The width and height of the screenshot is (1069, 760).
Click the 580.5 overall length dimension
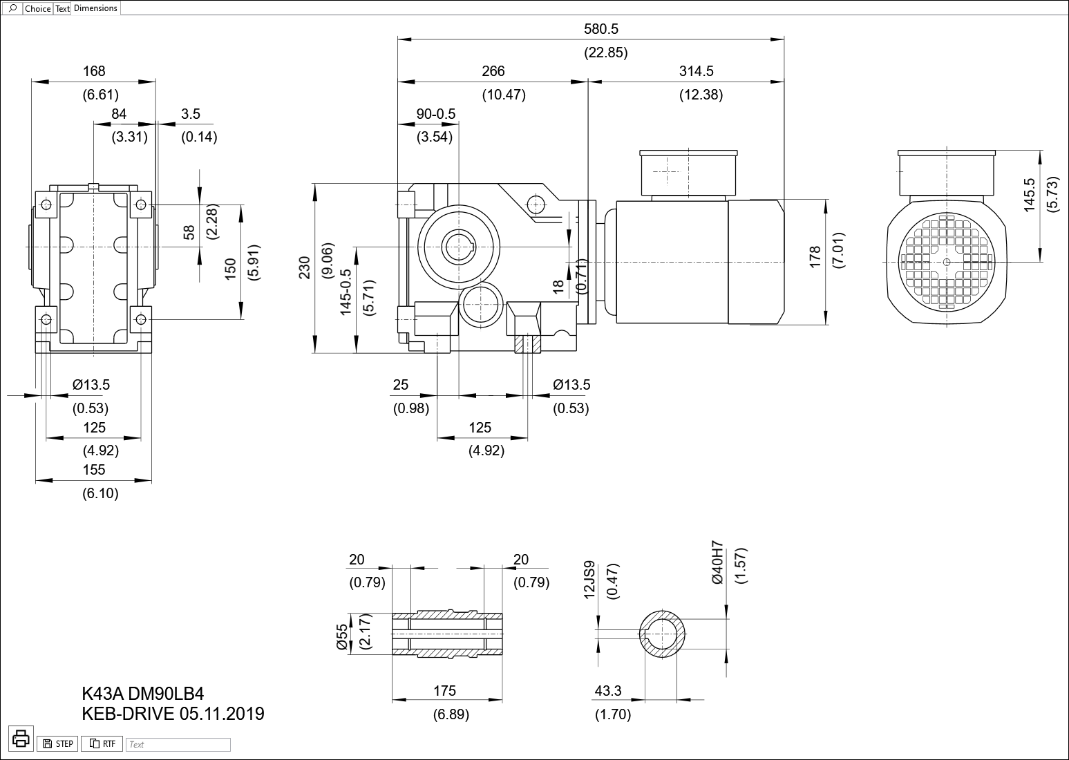tap(600, 29)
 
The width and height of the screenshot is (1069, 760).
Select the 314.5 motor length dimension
tap(696, 71)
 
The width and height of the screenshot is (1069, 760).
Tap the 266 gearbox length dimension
tap(493, 71)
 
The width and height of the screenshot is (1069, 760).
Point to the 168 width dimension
tap(94, 71)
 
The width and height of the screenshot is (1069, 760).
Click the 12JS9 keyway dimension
tap(589, 579)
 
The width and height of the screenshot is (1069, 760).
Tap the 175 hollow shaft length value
tap(445, 691)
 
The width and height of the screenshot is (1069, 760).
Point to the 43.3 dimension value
tap(608, 691)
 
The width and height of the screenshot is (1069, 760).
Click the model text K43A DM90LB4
tap(143, 694)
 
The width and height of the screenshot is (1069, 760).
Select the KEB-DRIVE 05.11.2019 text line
tap(173, 714)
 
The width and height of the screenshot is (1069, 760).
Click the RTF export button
tap(102, 744)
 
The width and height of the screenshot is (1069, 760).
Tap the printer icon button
tap(21, 738)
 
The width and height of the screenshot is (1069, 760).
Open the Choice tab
tap(37, 9)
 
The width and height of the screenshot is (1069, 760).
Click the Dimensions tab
tap(95, 8)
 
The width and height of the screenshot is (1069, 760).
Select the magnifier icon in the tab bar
tap(12, 8)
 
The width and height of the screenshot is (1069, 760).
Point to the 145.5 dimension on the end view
tap(1030, 194)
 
